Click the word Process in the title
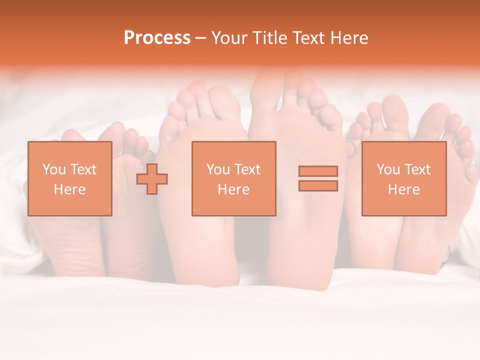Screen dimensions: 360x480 coord(157,38)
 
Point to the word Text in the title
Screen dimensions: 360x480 coord(310,38)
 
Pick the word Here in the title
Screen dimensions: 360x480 coord(350,38)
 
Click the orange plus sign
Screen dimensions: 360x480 coord(152,179)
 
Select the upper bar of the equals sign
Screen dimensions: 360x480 coord(318,171)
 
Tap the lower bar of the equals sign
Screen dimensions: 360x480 coord(318,186)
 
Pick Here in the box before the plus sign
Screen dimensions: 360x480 coord(69,189)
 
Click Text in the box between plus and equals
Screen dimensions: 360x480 coord(247,169)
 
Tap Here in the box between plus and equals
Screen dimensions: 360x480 coord(233,189)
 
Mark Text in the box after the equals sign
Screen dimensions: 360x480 coord(417,169)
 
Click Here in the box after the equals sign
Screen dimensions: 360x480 coord(403,189)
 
